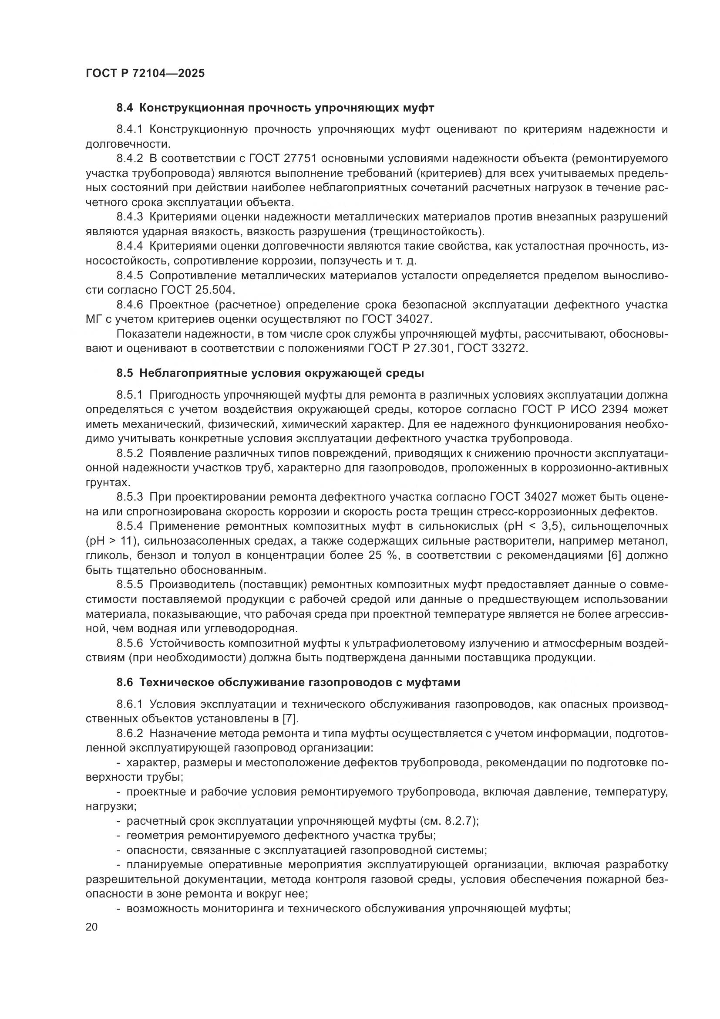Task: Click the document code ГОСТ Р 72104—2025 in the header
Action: pos(145,73)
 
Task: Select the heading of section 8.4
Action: pos(275,108)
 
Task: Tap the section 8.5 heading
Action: pos(270,373)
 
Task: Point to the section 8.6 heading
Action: pos(288,683)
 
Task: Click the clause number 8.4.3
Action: pos(130,217)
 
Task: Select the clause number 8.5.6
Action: pos(130,643)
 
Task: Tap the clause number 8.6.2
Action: pos(130,733)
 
